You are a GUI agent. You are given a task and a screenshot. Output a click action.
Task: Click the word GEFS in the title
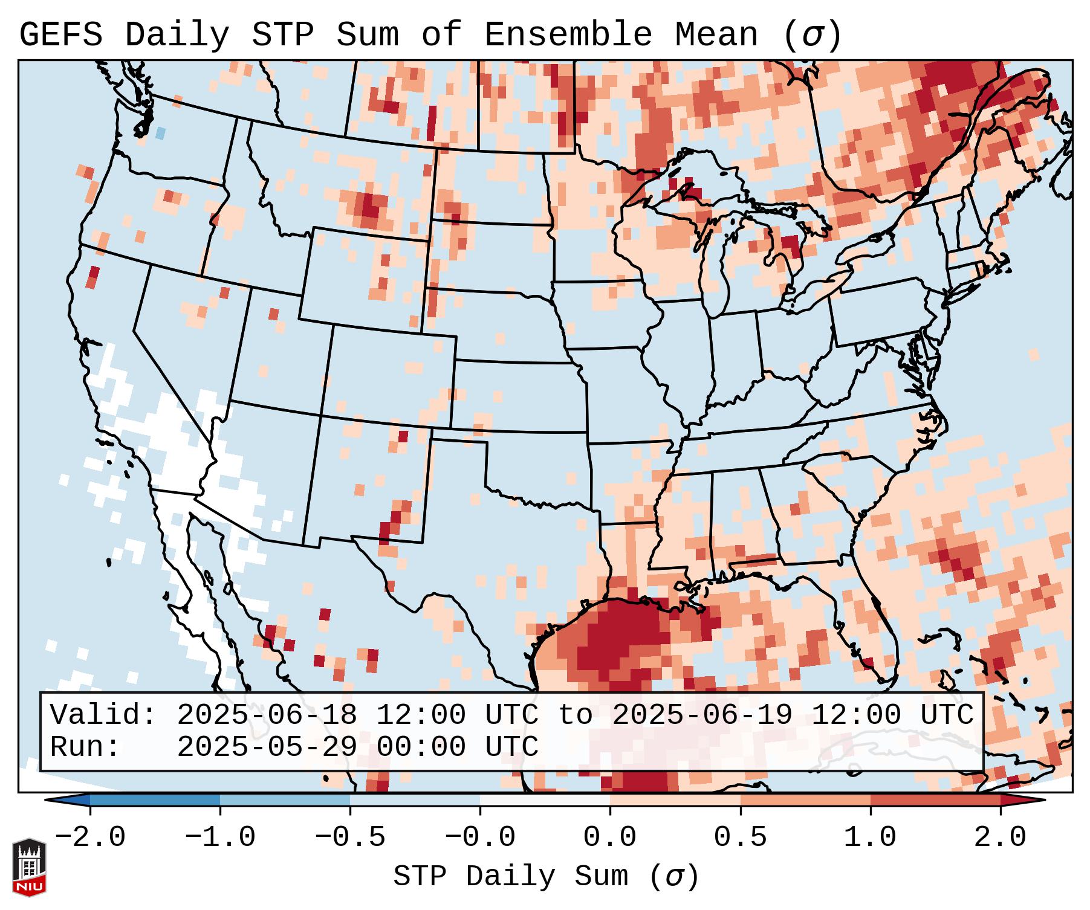60,35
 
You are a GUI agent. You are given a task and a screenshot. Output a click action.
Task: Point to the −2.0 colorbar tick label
90,837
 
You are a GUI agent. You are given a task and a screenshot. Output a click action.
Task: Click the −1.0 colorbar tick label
220,837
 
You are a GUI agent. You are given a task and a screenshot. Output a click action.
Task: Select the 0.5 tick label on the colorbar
741,837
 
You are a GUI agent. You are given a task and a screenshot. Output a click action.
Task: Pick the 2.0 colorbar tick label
1001,837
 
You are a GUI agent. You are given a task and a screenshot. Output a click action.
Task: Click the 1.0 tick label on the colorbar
871,837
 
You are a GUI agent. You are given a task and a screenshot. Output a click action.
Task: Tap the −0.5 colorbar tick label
350,837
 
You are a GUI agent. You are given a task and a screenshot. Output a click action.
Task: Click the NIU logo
29,867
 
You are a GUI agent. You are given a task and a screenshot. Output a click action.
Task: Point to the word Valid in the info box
103,715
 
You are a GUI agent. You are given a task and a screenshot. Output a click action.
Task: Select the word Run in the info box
85,747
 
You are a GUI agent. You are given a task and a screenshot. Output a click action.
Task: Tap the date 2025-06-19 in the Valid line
702,715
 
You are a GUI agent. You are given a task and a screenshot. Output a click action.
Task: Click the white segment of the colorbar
545,800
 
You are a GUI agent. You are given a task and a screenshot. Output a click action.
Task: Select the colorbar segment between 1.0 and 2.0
935,800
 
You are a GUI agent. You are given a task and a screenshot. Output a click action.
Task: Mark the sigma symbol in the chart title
812,35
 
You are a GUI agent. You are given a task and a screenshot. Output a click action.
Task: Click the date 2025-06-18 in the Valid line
267,715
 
